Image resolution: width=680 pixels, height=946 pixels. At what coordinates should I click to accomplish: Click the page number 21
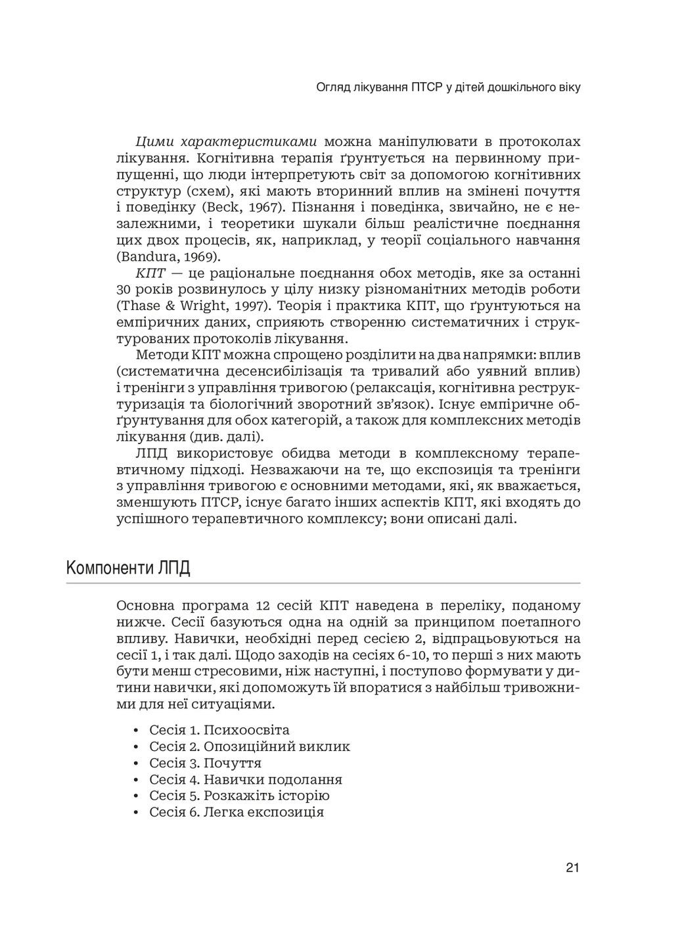pyautogui.click(x=572, y=868)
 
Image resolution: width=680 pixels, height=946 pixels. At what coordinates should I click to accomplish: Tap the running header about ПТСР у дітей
pyautogui.click(x=448, y=87)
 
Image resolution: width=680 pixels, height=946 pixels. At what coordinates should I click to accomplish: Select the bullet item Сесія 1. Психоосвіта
pyautogui.click(x=219, y=730)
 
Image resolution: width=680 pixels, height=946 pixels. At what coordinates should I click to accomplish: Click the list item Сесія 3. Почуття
pyautogui.click(x=205, y=763)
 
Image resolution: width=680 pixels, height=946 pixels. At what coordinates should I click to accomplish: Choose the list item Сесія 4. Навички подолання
pyautogui.click(x=245, y=779)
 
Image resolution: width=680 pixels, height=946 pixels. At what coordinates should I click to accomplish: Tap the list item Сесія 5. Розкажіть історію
pyautogui.click(x=239, y=796)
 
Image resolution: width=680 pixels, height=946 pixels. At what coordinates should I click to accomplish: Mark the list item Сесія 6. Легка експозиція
pyautogui.click(x=237, y=812)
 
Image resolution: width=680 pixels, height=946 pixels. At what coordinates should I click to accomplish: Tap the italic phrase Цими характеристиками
pyautogui.click(x=227, y=142)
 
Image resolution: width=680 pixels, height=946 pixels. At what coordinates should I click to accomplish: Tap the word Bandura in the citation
pyautogui.click(x=147, y=256)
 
